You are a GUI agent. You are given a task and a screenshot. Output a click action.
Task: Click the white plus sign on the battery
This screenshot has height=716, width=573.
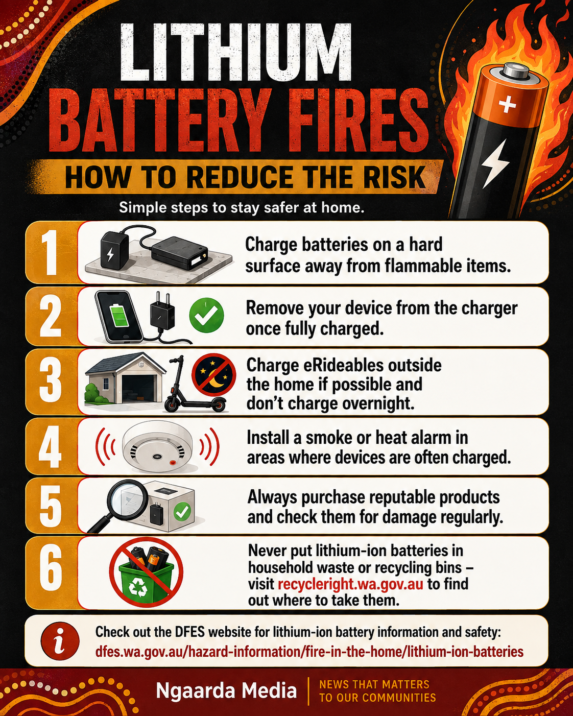(x=507, y=105)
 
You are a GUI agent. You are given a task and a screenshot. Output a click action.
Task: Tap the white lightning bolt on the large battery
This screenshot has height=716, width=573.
(x=495, y=163)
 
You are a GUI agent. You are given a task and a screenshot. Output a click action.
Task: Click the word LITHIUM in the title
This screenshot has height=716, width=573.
(x=236, y=52)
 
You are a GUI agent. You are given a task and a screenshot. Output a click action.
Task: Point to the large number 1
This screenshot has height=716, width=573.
(x=51, y=252)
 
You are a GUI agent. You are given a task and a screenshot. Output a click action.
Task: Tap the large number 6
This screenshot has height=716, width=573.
(x=51, y=573)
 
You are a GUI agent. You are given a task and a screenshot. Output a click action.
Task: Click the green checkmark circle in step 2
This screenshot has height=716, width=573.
(x=206, y=315)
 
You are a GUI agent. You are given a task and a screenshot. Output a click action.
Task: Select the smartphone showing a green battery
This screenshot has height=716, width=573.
(x=118, y=316)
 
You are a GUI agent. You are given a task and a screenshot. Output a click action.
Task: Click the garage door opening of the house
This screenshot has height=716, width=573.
(x=138, y=389)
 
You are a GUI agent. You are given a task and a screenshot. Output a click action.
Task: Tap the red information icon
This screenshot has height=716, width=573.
(x=60, y=641)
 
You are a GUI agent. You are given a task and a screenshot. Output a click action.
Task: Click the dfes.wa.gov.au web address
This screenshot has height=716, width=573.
(x=309, y=652)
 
